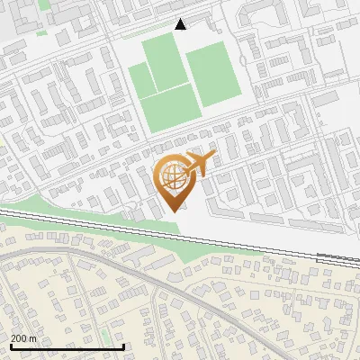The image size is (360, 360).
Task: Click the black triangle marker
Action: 180,24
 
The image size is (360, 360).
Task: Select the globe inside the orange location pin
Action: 172,176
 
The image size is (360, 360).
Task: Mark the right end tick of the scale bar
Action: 123,346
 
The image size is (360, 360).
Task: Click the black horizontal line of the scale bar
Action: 67,347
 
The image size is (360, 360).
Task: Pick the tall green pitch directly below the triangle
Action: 166,61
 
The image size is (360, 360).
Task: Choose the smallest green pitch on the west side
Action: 141,81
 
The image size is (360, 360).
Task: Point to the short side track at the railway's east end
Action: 337,256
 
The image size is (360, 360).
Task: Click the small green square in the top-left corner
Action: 41,33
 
